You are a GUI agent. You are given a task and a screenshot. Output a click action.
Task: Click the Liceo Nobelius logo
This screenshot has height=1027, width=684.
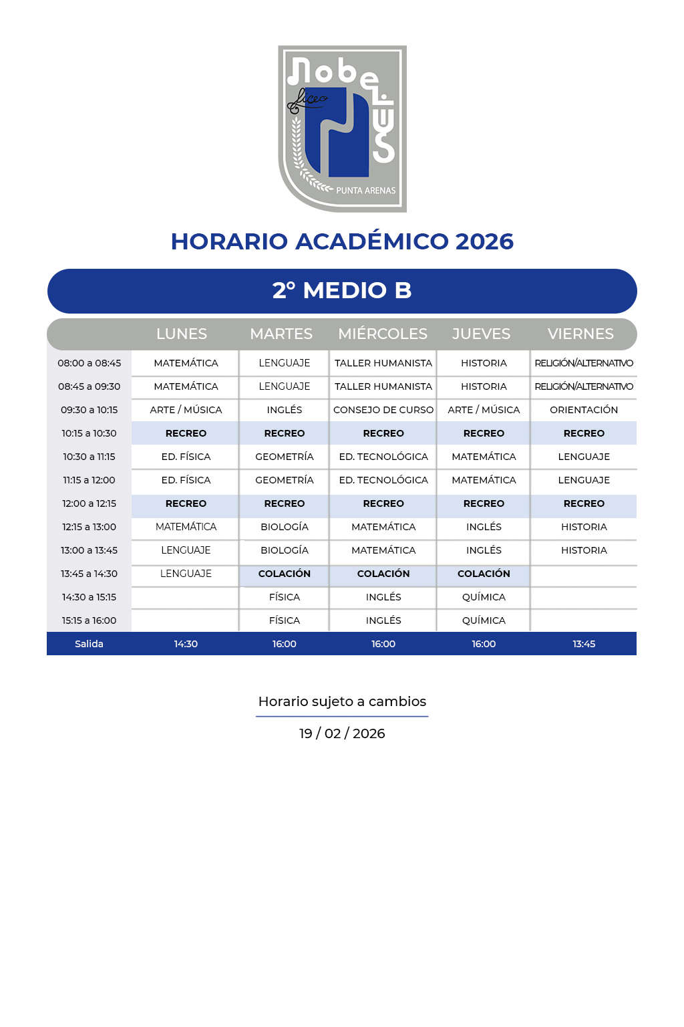[342, 128]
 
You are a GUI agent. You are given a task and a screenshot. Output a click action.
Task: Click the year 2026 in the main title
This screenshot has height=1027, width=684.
[484, 241]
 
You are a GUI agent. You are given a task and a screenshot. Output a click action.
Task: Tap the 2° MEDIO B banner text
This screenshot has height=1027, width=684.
[342, 291]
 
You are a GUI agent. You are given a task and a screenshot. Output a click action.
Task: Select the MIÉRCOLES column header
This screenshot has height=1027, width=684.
[383, 334]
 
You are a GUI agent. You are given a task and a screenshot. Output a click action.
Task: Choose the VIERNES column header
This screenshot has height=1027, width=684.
[580, 334]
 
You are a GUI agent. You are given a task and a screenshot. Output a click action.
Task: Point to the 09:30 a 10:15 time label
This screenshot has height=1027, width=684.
[89, 410]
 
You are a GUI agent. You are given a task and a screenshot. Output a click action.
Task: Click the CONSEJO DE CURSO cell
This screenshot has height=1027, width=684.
[383, 410]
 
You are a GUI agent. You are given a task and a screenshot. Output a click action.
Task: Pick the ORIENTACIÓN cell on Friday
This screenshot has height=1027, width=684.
[584, 410]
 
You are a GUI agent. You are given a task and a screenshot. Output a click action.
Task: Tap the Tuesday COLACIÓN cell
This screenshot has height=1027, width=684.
[285, 574]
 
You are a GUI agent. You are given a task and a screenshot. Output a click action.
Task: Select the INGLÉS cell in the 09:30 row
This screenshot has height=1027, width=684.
[285, 410]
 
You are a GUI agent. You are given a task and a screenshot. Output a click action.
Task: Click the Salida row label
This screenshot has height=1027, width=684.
[89, 644]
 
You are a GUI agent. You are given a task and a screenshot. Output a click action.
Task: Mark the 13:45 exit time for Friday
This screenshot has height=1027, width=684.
[584, 644]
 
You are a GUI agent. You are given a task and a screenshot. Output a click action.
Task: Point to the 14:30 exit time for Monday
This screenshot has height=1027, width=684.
[186, 644]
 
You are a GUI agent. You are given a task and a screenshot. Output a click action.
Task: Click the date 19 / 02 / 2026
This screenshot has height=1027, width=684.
[342, 733]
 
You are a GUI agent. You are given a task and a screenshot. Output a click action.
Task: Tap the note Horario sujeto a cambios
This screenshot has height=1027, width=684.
[342, 701]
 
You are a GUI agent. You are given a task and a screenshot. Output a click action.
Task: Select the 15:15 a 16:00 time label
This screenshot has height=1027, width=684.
[89, 620]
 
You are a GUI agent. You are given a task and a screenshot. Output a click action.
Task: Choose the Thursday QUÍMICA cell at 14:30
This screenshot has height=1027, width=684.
[484, 597]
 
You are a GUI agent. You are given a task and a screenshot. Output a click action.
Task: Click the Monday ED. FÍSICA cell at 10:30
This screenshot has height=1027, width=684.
[186, 457]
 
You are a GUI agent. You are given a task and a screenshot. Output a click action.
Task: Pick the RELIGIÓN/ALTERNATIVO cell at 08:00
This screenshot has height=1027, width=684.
[584, 363]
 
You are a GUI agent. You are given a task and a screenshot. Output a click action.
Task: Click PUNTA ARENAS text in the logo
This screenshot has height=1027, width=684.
[365, 191]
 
